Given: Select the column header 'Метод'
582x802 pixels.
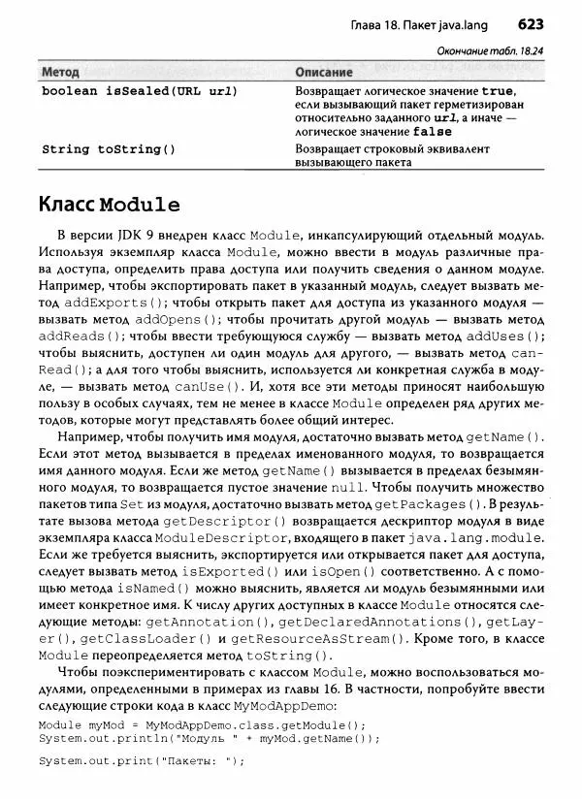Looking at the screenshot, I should coord(61,73).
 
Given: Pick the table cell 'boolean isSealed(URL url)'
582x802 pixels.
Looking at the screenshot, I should coord(140,90).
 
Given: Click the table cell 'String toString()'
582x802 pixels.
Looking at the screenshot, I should coord(109,149).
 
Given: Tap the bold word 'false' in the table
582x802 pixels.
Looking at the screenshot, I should coord(432,131).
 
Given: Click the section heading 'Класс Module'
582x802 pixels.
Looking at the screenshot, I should coord(109,205).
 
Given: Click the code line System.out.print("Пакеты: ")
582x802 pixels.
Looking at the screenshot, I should coord(143,759).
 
